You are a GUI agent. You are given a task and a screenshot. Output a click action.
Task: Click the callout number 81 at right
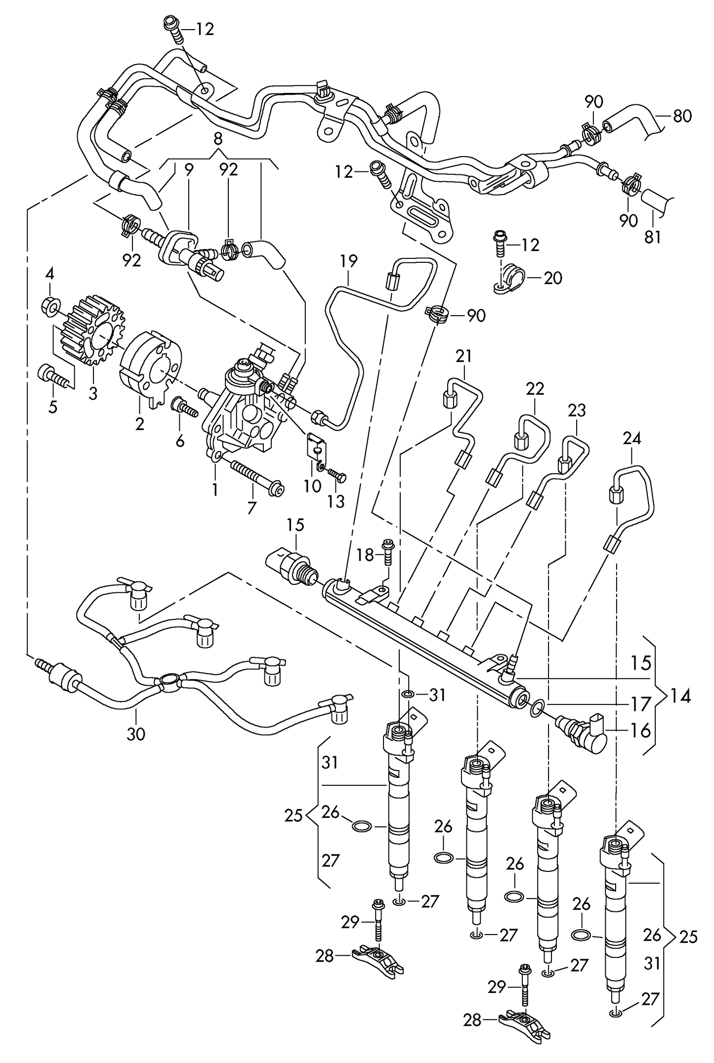tap(652, 238)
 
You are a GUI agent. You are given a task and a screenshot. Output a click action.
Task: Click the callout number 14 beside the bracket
tap(680, 696)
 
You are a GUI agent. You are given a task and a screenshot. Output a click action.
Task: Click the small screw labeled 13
tap(337, 475)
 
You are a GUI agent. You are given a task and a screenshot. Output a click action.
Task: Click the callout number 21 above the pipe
tap(463, 356)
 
